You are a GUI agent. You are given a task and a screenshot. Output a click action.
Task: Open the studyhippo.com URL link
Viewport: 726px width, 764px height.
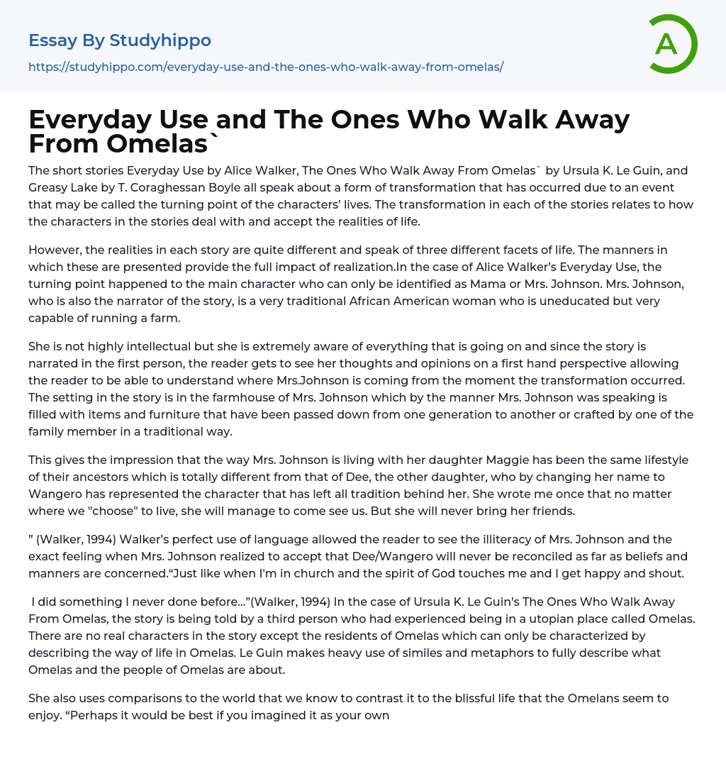pyautogui.click(x=266, y=67)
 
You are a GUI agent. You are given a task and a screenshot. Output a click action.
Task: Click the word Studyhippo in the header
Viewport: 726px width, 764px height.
pyautogui.click(x=160, y=40)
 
